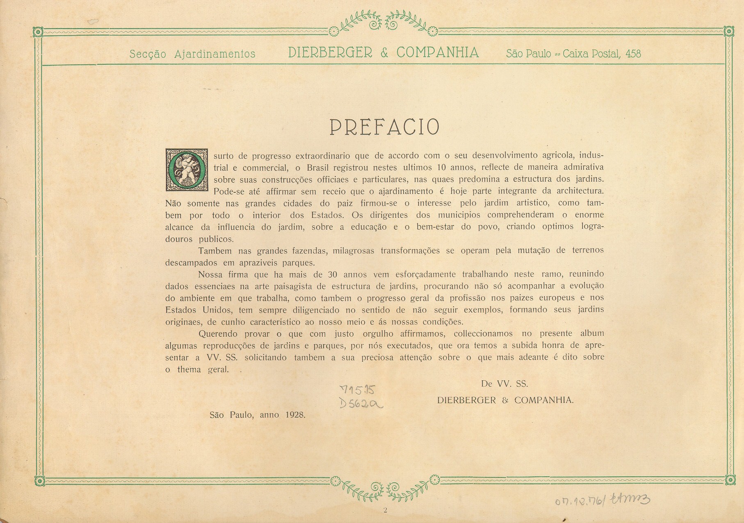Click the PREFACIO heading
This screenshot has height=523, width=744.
click(x=384, y=127)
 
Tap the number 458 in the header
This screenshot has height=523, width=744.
click(x=633, y=54)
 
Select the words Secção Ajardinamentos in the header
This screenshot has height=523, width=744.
click(x=192, y=54)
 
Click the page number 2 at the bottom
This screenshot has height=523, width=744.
click(x=385, y=510)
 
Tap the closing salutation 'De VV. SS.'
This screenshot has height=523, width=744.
click(x=504, y=384)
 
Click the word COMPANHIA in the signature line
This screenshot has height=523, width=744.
click(x=544, y=400)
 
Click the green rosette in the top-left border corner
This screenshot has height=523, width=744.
click(x=38, y=32)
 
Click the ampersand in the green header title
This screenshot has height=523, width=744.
click(x=384, y=53)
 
